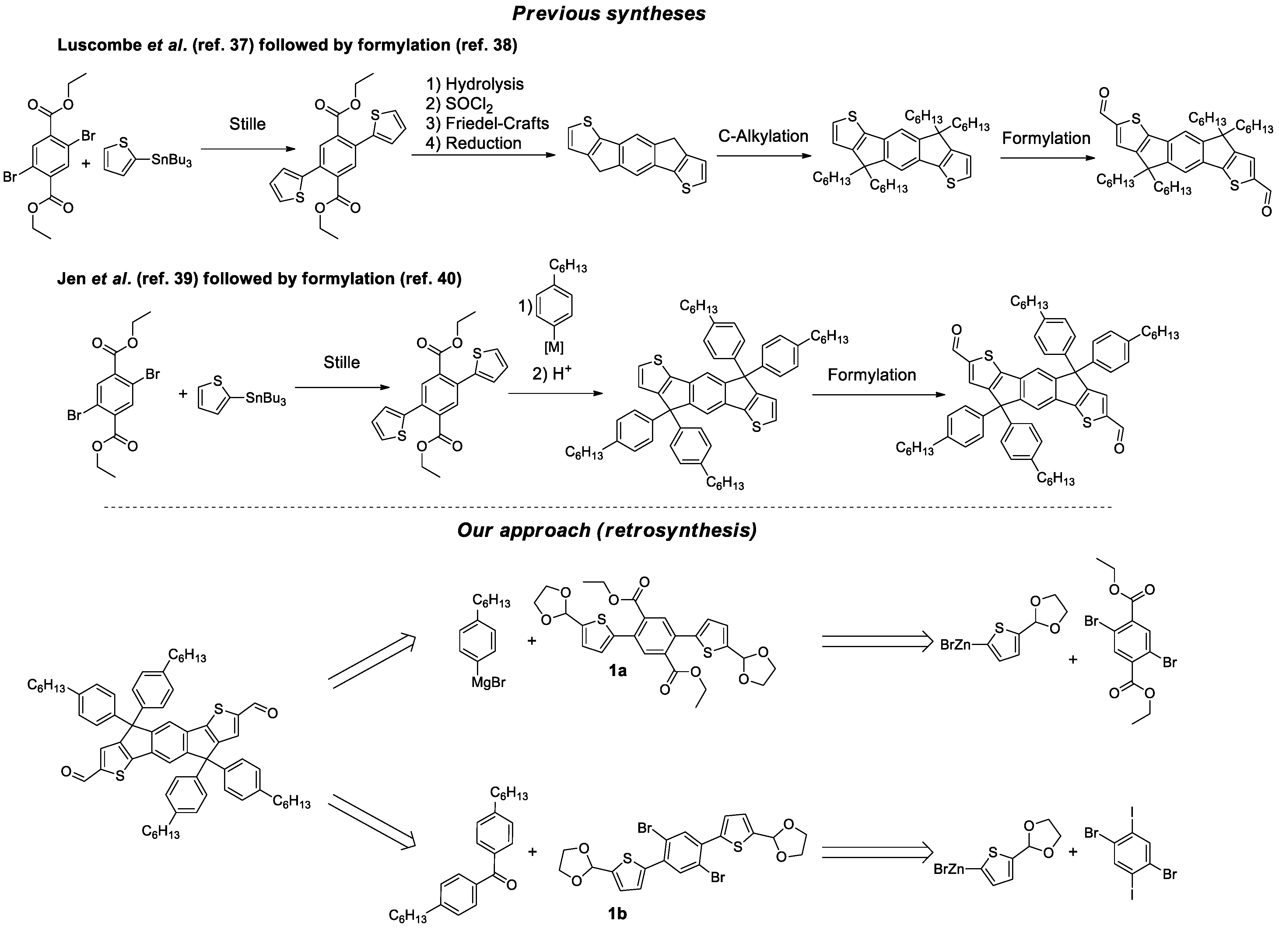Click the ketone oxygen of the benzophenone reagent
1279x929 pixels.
click(x=511, y=885)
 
